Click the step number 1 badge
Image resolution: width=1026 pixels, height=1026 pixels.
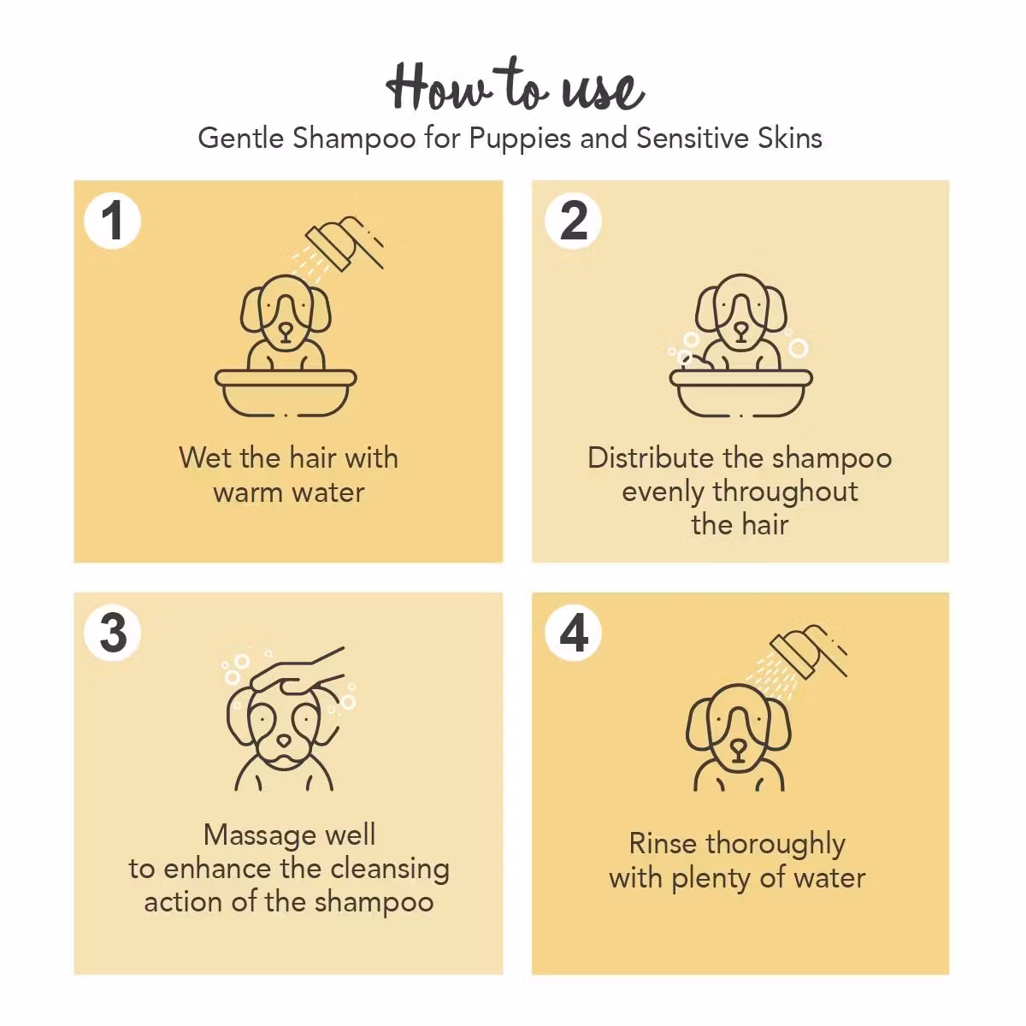[112, 221]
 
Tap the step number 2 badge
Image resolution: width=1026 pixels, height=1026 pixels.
[573, 221]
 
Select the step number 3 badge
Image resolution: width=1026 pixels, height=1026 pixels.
[112, 633]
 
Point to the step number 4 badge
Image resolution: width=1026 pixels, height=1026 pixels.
[573, 633]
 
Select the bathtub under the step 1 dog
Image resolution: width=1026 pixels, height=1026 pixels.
[286, 392]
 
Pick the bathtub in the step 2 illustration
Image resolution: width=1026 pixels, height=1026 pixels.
[740, 392]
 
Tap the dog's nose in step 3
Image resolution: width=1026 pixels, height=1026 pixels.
[284, 740]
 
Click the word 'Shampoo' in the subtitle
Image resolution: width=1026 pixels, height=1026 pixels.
[354, 139]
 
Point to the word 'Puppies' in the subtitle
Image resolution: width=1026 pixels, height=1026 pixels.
[520, 139]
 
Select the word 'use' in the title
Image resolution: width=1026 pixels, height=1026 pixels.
[603, 91]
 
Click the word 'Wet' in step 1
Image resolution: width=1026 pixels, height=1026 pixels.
[205, 458]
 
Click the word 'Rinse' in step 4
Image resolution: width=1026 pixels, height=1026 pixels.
[663, 843]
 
